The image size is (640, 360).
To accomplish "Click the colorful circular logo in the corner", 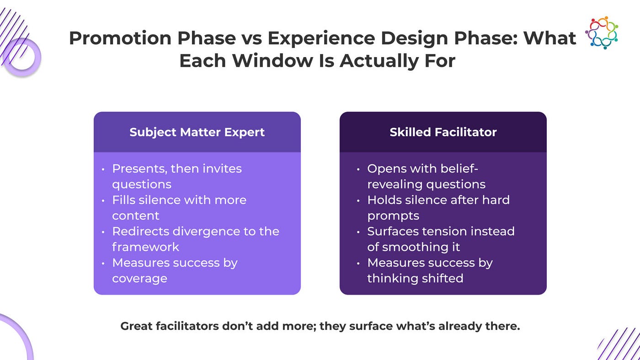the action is point(602,32).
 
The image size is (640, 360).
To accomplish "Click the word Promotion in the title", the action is point(120,38).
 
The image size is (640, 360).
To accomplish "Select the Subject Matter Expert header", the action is point(197,132).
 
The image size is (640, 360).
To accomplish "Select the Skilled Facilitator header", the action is point(443,132).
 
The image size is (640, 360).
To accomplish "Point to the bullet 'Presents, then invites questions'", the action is point(177,176).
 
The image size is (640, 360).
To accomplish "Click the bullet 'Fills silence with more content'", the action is point(179,208).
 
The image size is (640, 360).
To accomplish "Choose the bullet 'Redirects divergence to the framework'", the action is point(196,239).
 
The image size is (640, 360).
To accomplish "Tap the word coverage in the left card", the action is point(140,279).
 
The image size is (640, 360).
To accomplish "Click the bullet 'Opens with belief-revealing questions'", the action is point(426,176).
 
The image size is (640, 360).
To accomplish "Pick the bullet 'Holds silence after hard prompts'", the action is point(438,208).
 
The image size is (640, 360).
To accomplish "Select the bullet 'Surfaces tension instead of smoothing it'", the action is point(441,239).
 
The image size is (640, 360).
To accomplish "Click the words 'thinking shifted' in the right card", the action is point(415,278).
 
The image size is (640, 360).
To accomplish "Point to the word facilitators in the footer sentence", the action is point(187,326).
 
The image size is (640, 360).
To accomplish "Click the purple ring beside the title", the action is point(22,58).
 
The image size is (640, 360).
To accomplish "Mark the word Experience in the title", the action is point(321,38).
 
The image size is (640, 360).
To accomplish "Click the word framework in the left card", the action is point(145,247).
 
